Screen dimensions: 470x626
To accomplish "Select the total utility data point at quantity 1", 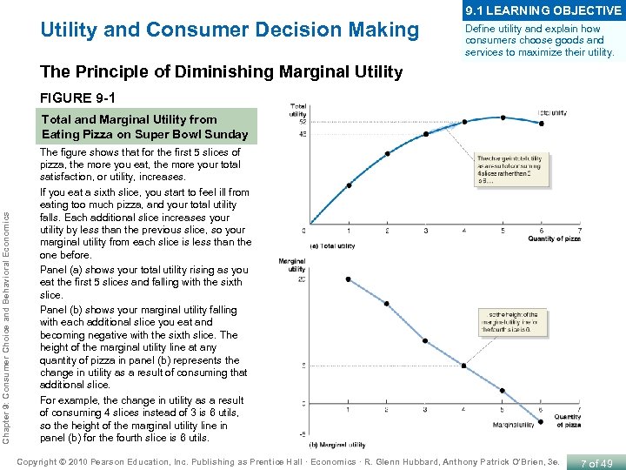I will pyautogui.click(x=350, y=185).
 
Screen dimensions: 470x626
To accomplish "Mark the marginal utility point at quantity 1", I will pyautogui.click(x=349, y=279).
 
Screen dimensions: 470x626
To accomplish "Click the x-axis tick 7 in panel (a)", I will pyautogui.click(x=578, y=231).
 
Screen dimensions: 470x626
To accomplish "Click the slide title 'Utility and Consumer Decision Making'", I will pyautogui.click(x=230, y=30).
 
